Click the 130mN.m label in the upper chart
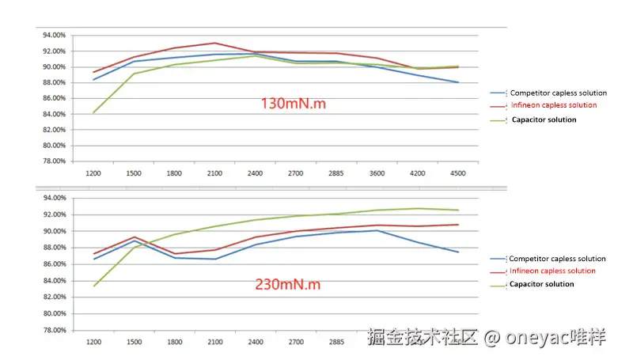(x=292, y=103)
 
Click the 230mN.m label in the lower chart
(x=287, y=283)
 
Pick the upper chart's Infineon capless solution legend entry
(x=553, y=105)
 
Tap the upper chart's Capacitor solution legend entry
(x=544, y=119)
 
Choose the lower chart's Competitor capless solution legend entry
(x=557, y=259)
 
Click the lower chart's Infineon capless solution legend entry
(x=552, y=271)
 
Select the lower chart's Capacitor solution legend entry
(x=541, y=283)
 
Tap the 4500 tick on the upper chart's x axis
(x=457, y=172)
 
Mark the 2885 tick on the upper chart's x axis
(x=336, y=172)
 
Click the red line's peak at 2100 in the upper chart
(x=214, y=43)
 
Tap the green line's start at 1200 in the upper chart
(x=94, y=112)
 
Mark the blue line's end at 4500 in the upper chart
(x=457, y=82)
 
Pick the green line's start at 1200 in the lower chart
(x=94, y=286)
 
